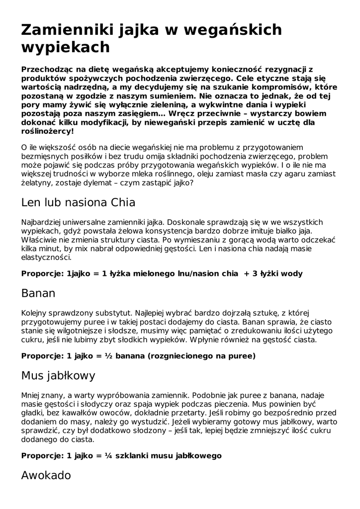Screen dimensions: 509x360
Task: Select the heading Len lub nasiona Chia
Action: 79,203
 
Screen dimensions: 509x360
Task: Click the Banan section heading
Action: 38,293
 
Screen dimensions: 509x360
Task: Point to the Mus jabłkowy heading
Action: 58,376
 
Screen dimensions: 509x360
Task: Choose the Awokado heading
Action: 46,475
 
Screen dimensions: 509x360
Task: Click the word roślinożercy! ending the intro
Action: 48,131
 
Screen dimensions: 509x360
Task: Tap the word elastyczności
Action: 46,257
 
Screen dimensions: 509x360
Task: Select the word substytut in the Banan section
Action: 109,313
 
